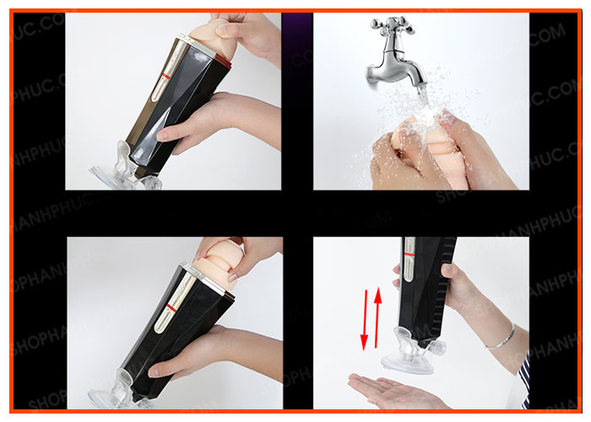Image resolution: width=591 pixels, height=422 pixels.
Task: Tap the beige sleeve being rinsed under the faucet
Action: [422, 148]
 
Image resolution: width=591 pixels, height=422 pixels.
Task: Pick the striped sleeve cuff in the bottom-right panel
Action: [523, 380]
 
